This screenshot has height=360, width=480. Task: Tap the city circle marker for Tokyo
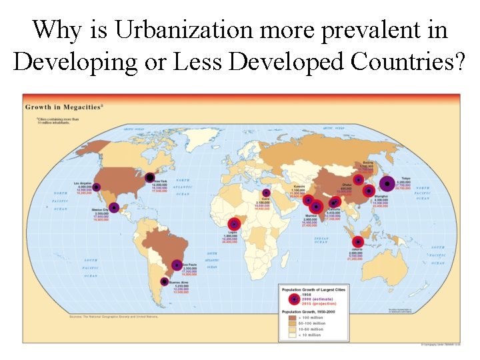(387, 182)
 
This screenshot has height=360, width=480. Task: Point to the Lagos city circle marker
(235, 224)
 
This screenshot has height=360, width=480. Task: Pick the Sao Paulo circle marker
(177, 265)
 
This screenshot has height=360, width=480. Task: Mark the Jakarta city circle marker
(357, 243)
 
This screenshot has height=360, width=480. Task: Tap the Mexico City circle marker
(114, 207)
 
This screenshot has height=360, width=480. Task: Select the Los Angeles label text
(83, 183)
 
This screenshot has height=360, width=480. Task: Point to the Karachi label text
(300, 186)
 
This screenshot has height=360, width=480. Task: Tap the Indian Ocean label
(322, 240)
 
